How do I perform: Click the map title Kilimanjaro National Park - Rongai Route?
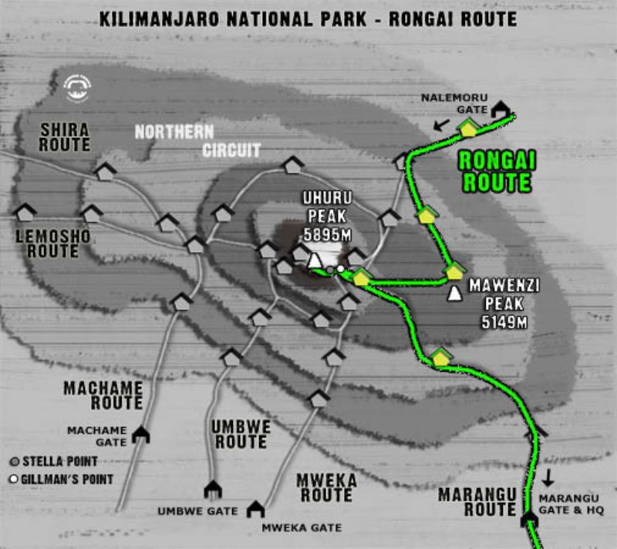308,18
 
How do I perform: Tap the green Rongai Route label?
497,171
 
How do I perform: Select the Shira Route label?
65,136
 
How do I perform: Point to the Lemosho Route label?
53,243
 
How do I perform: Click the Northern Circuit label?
197,140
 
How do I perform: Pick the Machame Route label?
103,395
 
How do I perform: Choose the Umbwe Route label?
241,433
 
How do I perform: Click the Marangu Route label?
477,501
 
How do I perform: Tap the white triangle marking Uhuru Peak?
315,261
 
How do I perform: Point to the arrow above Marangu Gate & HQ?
548,477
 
